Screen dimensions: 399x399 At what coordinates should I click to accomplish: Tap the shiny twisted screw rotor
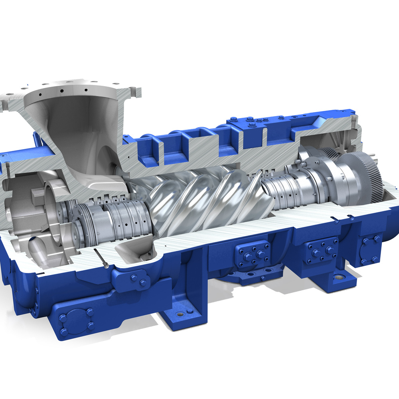tap(207, 199)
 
